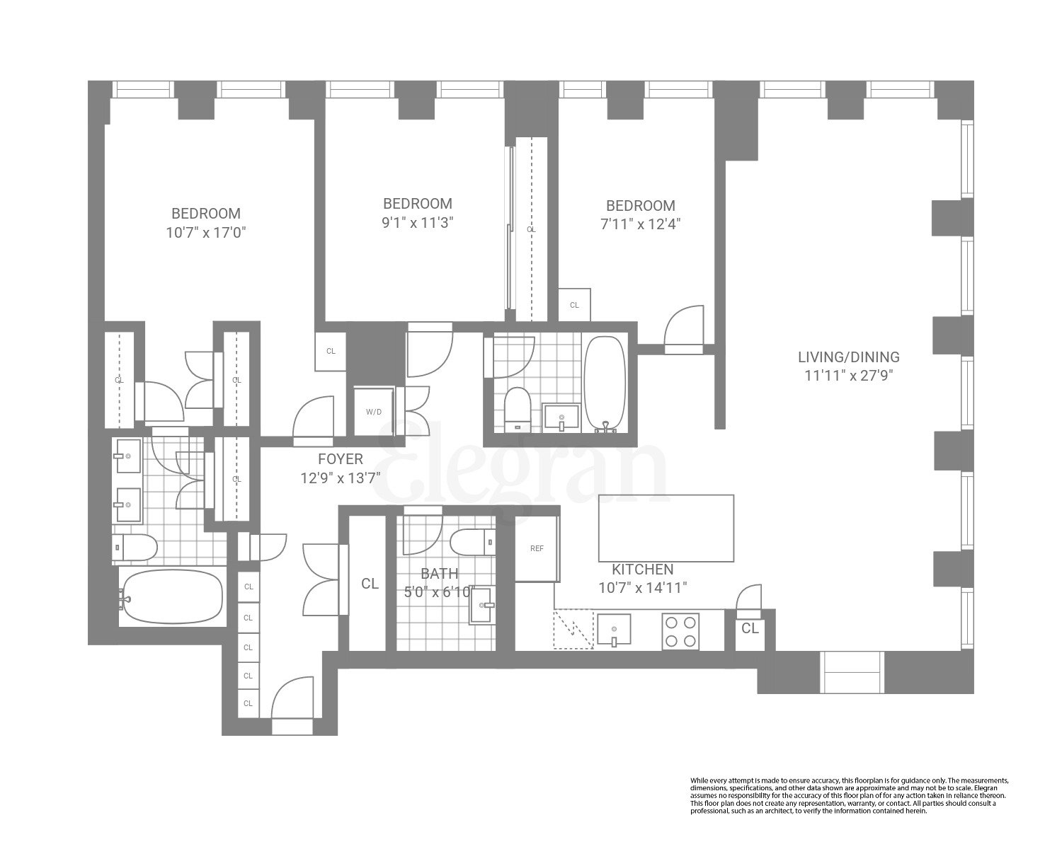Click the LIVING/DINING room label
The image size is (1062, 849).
pyautogui.click(x=848, y=357)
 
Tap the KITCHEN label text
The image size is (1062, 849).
pyautogui.click(x=642, y=570)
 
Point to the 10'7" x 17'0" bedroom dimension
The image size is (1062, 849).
pyautogui.click(x=206, y=233)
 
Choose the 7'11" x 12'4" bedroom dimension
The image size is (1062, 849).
pyautogui.click(x=640, y=224)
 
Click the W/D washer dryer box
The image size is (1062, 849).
pyautogui.click(x=372, y=411)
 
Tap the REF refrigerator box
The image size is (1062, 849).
pyautogui.click(x=537, y=549)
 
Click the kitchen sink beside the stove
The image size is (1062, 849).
pyautogui.click(x=615, y=630)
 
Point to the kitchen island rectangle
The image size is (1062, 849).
pyautogui.click(x=666, y=528)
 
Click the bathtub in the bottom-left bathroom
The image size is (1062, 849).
pyautogui.click(x=170, y=597)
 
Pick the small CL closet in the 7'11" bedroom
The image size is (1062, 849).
pyautogui.click(x=574, y=305)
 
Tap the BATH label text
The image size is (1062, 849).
pyautogui.click(x=439, y=574)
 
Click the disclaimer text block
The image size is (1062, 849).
pyautogui.click(x=848, y=795)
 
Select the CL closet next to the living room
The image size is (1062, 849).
pyautogui.click(x=750, y=628)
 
